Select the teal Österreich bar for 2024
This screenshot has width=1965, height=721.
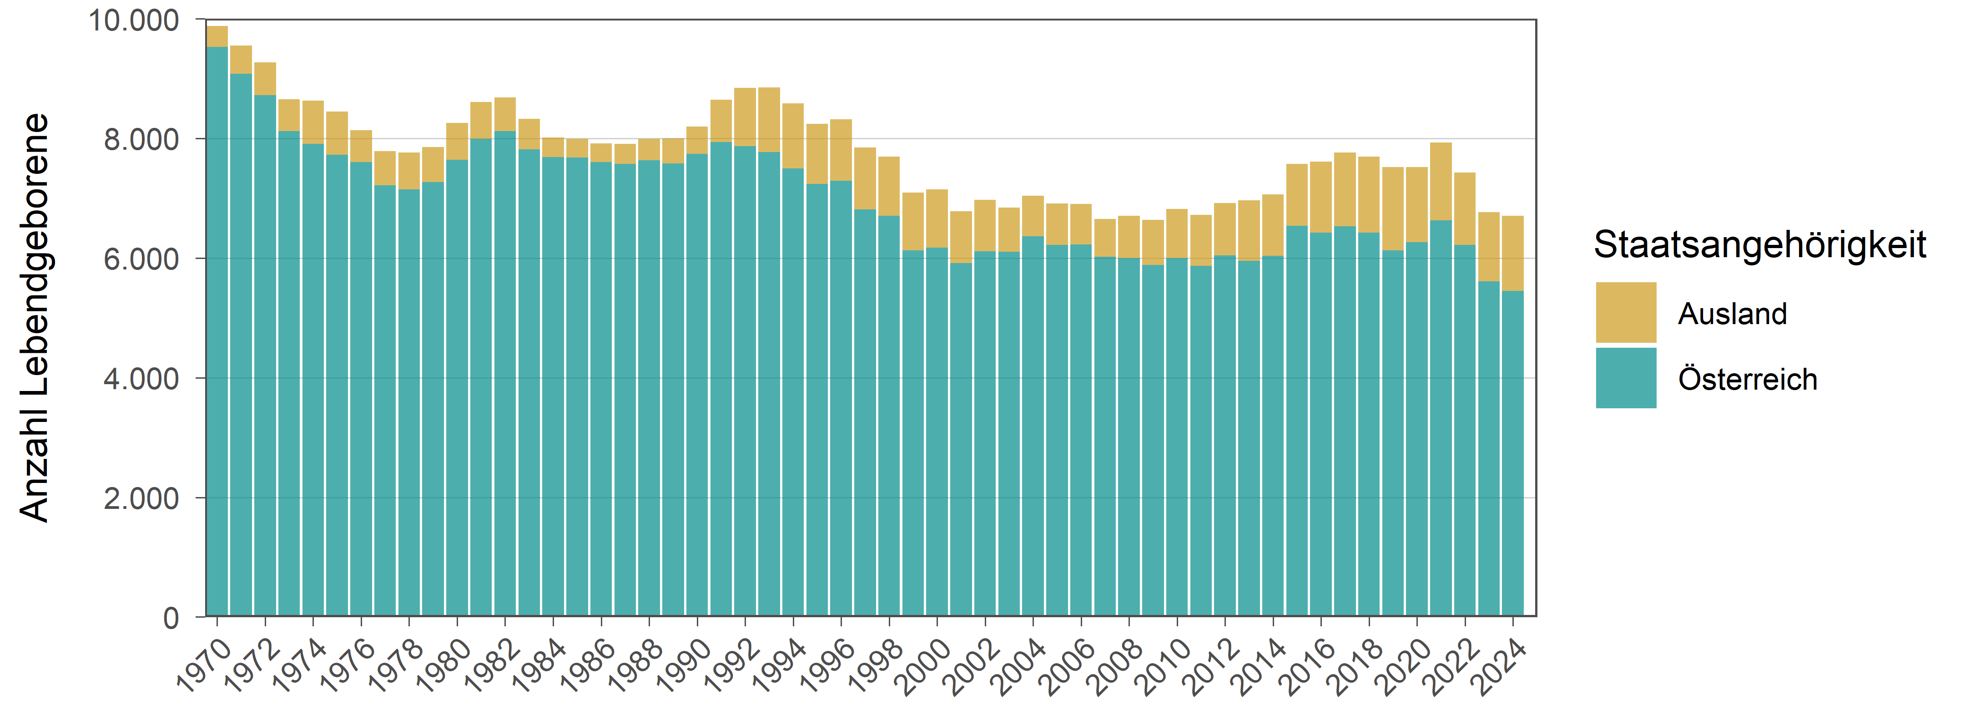tap(1513, 453)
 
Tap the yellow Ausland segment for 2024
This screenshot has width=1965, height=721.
tap(1513, 253)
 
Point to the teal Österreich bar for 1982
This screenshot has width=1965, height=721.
tap(505, 374)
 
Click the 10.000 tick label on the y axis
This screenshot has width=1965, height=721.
tap(134, 20)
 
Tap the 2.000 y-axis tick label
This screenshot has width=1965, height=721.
tap(142, 498)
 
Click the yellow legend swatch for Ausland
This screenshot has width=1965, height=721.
tap(1626, 313)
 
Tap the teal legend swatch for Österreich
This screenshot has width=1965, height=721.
tap(1626, 378)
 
